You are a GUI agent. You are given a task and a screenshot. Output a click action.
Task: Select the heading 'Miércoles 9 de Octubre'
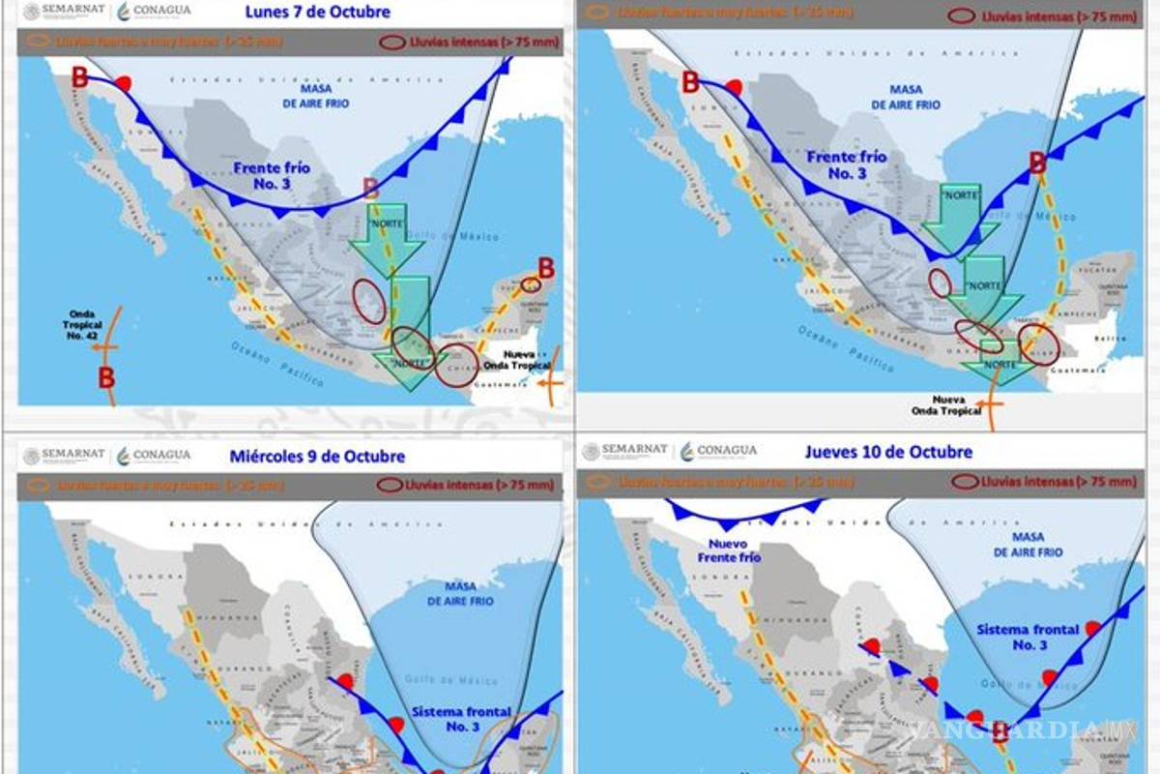(x=317, y=457)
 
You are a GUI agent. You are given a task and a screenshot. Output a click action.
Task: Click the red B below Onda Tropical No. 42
(x=105, y=377)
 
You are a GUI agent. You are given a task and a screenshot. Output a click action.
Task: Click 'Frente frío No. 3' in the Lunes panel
(x=272, y=174)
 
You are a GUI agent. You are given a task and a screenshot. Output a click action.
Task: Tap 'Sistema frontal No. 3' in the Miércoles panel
(x=462, y=719)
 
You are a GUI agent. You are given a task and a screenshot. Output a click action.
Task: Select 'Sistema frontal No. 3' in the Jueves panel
(x=1028, y=637)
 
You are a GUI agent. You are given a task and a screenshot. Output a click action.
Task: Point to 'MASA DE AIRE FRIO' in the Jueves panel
(x=1027, y=545)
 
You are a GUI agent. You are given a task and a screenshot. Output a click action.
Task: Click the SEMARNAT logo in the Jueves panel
(x=626, y=451)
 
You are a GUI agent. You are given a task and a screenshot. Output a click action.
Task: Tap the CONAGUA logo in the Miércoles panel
(x=154, y=456)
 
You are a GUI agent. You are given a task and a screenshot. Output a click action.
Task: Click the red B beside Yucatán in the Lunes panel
(x=546, y=268)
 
